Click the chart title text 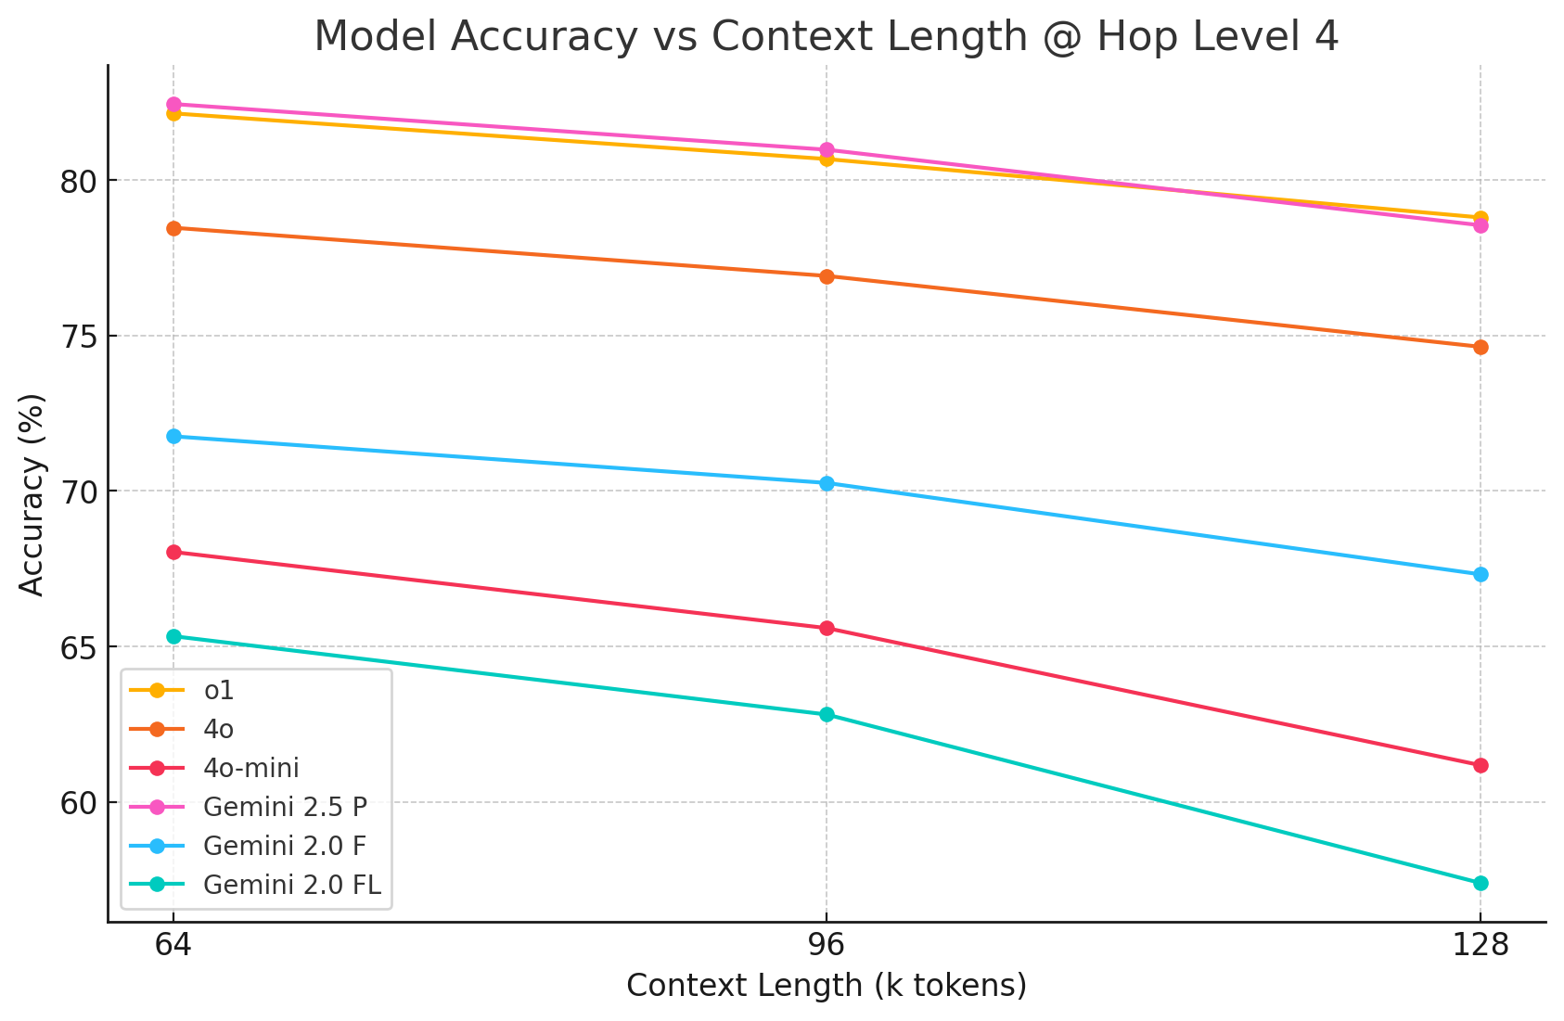[x=827, y=37]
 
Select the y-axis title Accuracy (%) [x=32, y=494]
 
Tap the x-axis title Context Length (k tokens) [x=827, y=985]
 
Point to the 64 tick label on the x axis [x=173, y=946]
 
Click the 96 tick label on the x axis [x=827, y=946]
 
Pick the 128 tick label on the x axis [x=1480, y=946]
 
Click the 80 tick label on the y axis [x=78, y=181]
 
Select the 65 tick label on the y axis [x=78, y=647]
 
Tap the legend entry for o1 [x=219, y=691]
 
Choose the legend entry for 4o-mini [x=250, y=768]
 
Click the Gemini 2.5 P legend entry [x=285, y=807]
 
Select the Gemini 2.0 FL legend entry [x=291, y=885]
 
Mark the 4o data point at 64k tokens [x=173, y=228]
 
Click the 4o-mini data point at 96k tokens [x=827, y=629]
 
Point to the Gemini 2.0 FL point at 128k [x=1481, y=883]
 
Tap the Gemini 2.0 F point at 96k [x=827, y=483]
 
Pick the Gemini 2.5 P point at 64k [x=173, y=105]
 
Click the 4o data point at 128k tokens [x=1481, y=348]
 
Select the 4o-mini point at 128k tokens [x=1481, y=765]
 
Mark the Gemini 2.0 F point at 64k [x=173, y=437]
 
